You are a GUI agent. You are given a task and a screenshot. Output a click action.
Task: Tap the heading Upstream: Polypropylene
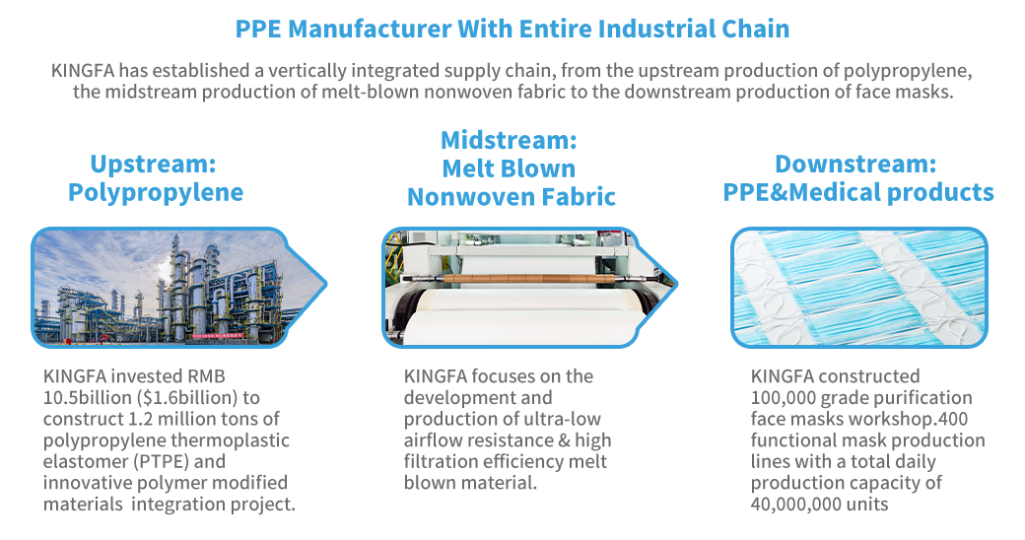click(155, 177)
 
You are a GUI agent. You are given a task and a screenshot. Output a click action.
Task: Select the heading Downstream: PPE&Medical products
click(857, 177)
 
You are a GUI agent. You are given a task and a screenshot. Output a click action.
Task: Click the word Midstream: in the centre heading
click(509, 140)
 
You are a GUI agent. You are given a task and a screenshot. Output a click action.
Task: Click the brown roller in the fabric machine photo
click(510, 279)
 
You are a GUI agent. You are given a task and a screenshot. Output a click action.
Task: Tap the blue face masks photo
click(859, 288)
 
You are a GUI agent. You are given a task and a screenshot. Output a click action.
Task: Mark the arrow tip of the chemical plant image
click(327, 285)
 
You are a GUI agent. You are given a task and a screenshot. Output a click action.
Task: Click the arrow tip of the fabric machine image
click(677, 285)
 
